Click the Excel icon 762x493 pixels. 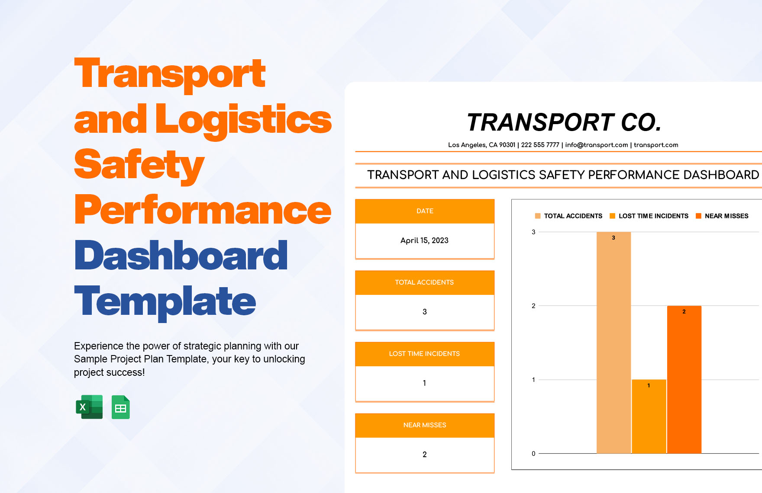tap(89, 407)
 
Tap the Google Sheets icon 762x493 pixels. tap(120, 407)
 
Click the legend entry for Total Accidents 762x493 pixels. tap(568, 216)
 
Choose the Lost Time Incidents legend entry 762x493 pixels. tap(649, 216)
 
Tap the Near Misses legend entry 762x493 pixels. tap(722, 216)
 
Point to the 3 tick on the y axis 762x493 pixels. tap(533, 232)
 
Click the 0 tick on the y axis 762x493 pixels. tap(533, 454)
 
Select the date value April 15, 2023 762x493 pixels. tap(424, 240)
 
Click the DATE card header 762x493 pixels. tap(425, 211)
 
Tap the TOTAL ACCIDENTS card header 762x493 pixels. tap(424, 282)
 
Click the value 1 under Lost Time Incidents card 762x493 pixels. tap(424, 383)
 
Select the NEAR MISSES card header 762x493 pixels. tap(425, 425)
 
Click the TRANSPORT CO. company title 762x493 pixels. tap(564, 122)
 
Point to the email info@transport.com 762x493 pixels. tap(596, 145)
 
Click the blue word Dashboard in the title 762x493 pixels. tap(181, 256)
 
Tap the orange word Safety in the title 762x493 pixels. tap(139, 165)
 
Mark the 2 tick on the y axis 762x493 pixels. tap(533, 306)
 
